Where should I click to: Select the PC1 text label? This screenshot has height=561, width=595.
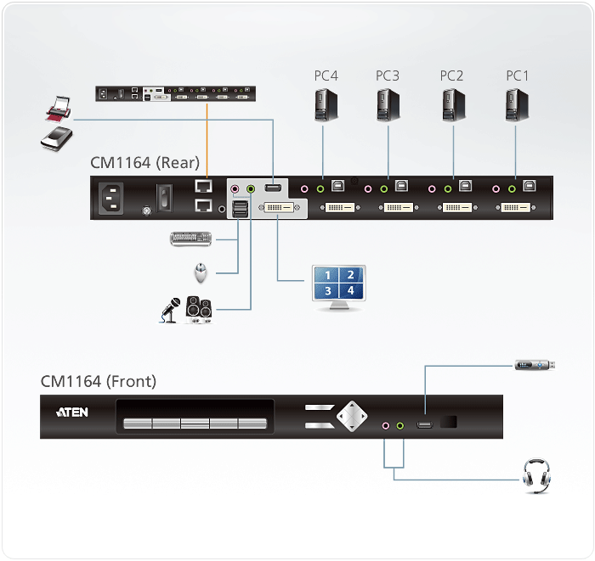[518, 76]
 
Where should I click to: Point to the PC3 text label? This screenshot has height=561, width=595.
[388, 76]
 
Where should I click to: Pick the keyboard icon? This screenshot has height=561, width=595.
[193, 239]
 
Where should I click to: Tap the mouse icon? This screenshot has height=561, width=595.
[201, 272]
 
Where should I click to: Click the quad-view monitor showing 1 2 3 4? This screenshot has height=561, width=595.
[338, 286]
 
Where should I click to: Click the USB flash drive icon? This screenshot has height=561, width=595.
[535, 366]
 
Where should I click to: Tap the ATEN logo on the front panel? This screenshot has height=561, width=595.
[71, 413]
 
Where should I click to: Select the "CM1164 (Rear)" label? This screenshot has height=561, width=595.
[144, 162]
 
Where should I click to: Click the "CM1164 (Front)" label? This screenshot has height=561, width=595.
[99, 381]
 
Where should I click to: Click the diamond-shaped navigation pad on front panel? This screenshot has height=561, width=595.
[351, 416]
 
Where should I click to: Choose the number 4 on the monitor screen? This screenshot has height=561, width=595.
[350, 290]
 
